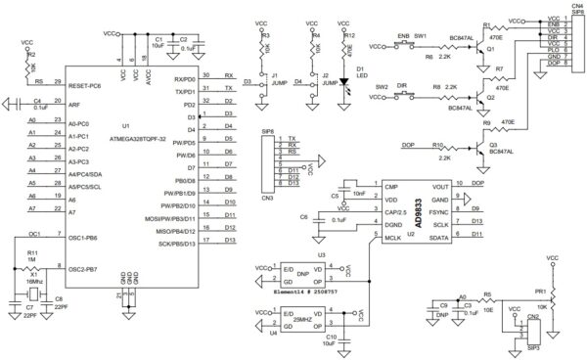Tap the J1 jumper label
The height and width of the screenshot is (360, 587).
pos(276,74)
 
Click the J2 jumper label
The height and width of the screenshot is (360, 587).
pos(325,74)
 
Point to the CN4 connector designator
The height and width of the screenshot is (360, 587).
pos(565,5)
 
